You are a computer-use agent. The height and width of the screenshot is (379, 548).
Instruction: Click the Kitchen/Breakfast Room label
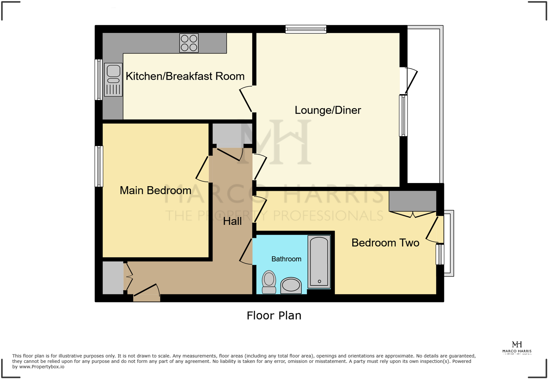point(185,76)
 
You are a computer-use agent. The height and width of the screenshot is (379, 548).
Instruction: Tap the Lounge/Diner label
point(327,110)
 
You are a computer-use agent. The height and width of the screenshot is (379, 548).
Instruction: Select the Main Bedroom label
point(155,190)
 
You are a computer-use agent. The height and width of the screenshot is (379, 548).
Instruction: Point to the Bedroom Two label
point(385,243)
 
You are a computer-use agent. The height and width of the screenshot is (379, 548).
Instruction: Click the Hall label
point(232,221)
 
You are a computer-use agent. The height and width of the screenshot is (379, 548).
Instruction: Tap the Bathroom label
point(286,259)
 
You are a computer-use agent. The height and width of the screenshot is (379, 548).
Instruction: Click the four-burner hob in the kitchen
point(189,43)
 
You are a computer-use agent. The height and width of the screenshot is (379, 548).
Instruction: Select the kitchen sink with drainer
point(113,80)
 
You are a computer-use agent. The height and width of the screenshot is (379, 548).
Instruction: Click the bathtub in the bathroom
point(319,262)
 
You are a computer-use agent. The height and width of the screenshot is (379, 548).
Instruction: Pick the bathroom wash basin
point(291,285)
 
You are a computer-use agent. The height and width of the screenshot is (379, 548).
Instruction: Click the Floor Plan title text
point(274,315)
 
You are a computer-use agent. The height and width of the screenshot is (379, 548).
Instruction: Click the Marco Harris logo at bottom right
point(517,347)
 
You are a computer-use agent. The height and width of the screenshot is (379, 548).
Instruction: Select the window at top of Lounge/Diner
point(306,29)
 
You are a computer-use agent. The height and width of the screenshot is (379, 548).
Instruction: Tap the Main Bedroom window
point(99,166)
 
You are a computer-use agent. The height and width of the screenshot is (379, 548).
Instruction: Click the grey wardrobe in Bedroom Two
point(412,201)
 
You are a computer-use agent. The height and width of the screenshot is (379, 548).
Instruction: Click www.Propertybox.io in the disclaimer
point(42,367)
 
